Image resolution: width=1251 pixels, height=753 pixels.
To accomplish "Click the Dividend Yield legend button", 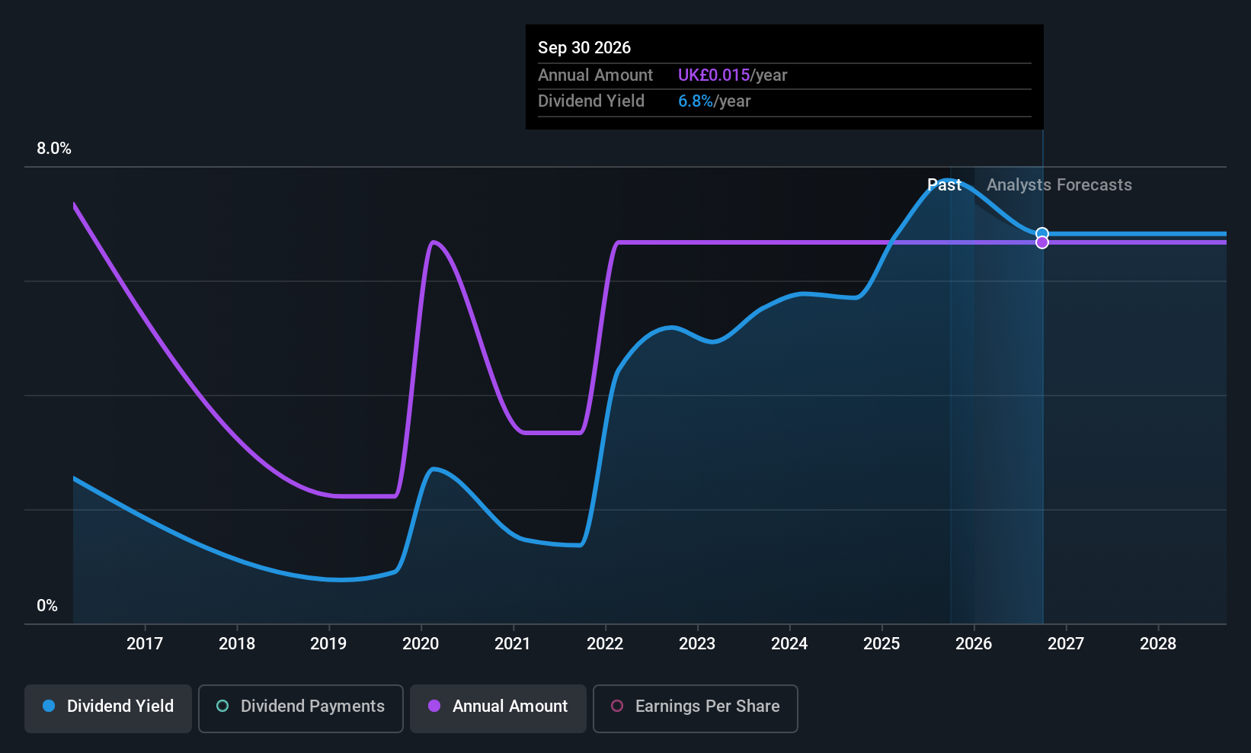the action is tap(107, 708).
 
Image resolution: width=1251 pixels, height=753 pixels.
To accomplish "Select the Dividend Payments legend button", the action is tap(300, 708).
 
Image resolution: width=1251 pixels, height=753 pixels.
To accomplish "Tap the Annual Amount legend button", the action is tap(498, 708).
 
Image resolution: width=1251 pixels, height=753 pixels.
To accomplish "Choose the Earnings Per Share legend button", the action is tap(696, 708).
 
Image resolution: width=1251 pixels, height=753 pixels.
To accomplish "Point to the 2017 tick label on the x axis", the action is tap(145, 643).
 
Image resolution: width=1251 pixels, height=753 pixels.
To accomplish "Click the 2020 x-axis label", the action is tap(421, 643).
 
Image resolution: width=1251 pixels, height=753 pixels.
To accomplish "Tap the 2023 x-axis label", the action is tap(697, 643).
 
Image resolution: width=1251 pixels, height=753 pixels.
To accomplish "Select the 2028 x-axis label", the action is tap(1158, 643).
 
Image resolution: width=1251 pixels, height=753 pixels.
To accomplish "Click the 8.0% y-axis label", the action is tap(54, 149).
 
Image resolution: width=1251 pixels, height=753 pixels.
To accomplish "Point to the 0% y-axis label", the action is tap(47, 606).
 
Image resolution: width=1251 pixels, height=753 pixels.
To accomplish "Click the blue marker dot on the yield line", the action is tap(1042, 234).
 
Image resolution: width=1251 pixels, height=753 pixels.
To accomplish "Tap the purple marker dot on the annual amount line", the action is tap(1042, 242).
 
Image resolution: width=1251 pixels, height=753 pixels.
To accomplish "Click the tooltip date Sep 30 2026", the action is tap(584, 48).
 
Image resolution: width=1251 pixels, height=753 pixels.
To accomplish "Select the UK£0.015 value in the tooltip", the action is tap(714, 75).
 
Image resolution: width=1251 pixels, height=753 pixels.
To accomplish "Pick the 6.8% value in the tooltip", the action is tap(696, 101).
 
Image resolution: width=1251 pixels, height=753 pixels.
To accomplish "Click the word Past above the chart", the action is tap(945, 185).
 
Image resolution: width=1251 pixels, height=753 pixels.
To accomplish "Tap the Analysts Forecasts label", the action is tap(1059, 185).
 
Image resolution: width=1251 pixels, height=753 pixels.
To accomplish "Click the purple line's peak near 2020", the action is tap(434, 242).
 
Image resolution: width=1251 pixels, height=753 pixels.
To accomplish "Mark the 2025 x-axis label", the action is tap(881, 643).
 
